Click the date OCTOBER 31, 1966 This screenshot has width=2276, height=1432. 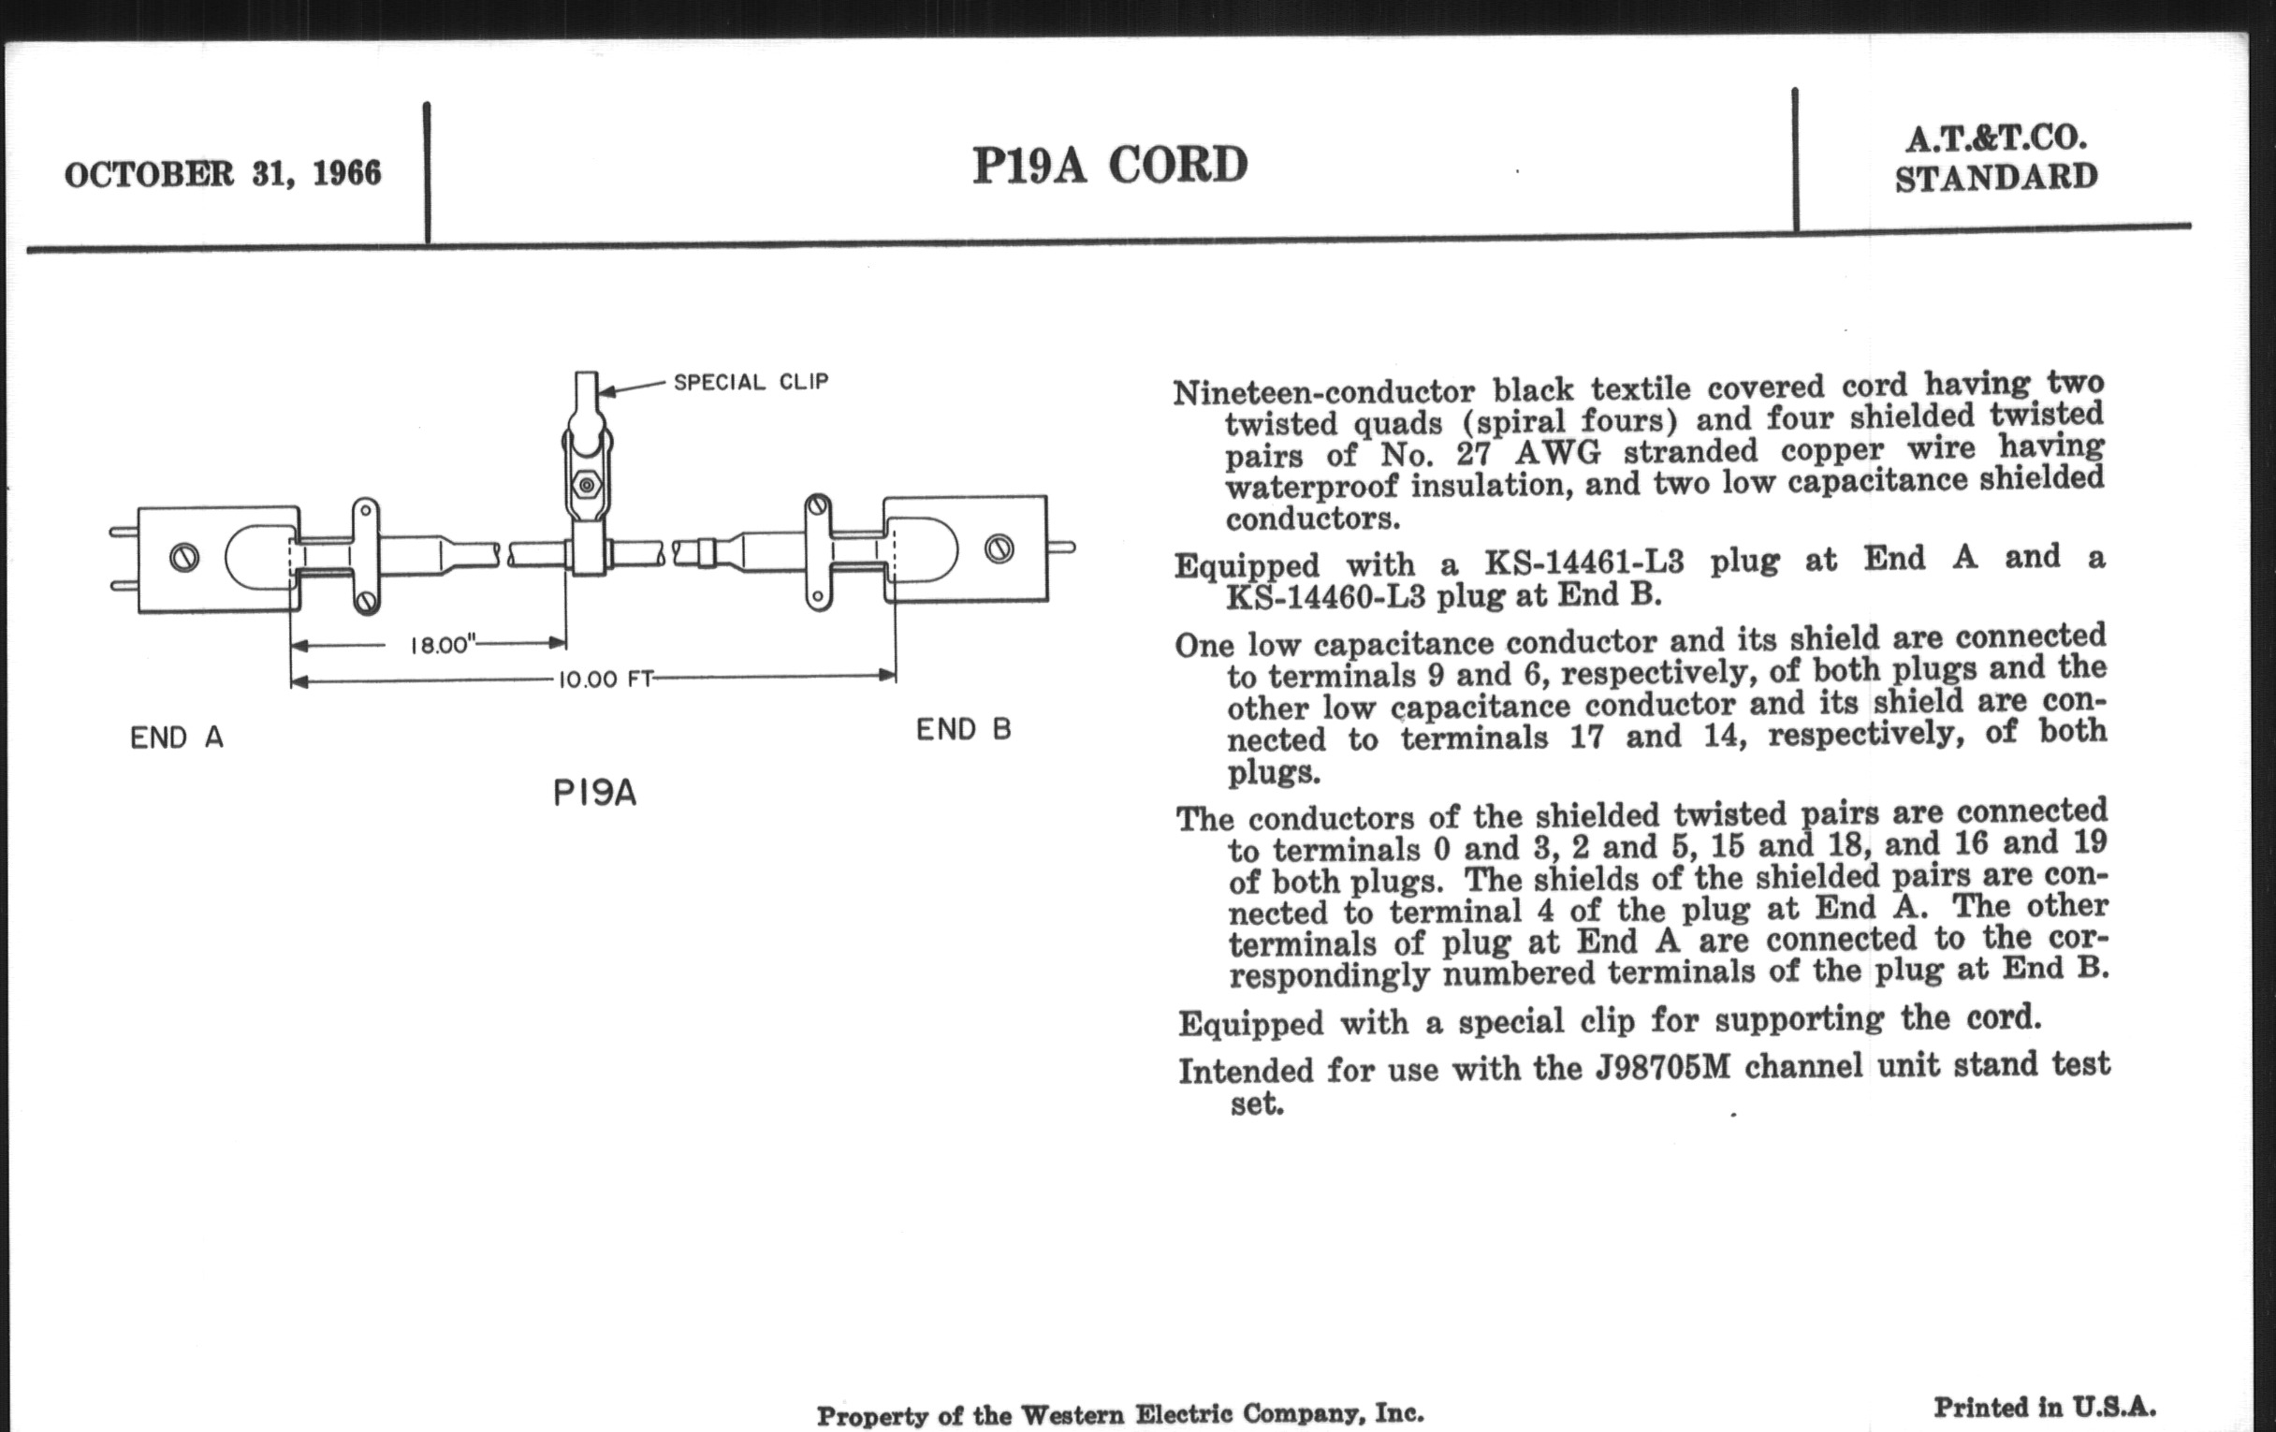223,174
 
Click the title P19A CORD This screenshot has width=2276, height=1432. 1110,166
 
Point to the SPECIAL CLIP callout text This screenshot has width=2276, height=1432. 751,382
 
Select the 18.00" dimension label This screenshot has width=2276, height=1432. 441,646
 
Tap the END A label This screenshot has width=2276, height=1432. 177,738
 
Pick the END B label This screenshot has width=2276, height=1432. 963,730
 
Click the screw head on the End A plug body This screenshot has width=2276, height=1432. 184,558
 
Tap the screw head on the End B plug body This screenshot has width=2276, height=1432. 999,548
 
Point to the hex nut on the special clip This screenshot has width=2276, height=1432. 587,486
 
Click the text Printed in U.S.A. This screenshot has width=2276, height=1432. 2045,1407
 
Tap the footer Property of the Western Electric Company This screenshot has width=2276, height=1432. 1120,1414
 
